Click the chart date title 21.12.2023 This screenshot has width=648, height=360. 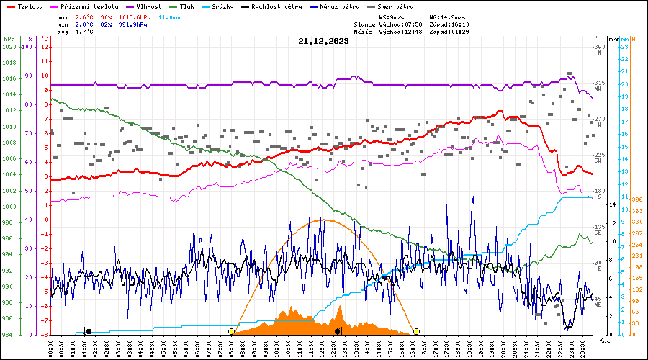click(323, 41)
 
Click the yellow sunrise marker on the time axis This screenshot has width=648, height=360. click(231, 331)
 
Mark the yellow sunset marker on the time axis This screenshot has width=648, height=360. click(416, 331)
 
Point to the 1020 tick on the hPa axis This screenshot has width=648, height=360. click(9, 47)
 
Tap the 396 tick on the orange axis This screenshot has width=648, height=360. click(636, 199)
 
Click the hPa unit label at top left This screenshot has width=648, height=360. click(9, 39)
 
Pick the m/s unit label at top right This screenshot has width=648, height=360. click(613, 39)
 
